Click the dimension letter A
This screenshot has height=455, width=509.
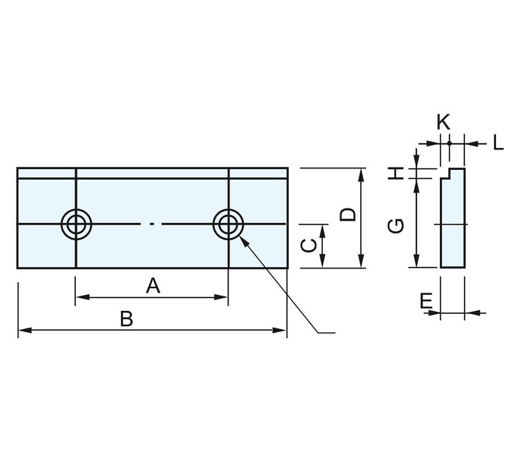point(153,286)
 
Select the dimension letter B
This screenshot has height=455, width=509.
point(127,318)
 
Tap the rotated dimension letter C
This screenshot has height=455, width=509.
point(308,246)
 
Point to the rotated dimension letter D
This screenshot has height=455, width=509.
point(347,215)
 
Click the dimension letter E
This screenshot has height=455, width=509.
point(426,301)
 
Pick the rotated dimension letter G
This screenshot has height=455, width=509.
point(396,226)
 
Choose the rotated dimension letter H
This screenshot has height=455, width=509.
point(397,173)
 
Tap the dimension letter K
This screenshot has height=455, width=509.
point(443,123)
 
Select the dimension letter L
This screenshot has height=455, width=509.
point(498,143)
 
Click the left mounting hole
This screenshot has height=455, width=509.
point(76,224)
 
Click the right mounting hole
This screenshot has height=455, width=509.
point(228,224)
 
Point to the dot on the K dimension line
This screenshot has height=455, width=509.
point(449,143)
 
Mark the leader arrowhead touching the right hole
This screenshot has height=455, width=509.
point(243,240)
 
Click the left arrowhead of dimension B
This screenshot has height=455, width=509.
point(24,330)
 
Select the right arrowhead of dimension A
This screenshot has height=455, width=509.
point(221,297)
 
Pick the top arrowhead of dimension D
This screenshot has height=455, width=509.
point(362,175)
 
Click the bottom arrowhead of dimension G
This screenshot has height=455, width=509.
point(417,261)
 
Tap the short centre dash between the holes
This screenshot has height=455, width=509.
point(151,224)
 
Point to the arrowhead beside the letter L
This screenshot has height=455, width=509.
point(472,143)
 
